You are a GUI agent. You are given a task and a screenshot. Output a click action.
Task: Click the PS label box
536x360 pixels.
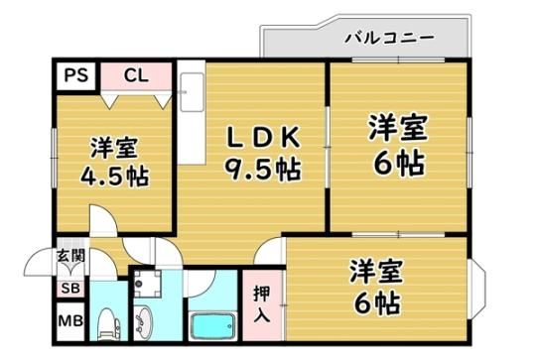pos(75,75)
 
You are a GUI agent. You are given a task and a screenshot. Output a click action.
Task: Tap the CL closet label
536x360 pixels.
pos(136,75)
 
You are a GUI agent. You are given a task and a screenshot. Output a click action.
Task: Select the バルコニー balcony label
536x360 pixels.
pos(389,37)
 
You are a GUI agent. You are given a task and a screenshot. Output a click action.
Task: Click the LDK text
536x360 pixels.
pos(264,137)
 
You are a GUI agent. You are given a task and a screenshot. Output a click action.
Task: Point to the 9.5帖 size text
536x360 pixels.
pos(262,169)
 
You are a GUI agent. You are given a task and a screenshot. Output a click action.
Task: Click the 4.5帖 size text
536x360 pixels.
pos(114,177)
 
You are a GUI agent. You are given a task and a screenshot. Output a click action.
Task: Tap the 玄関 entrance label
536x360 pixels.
pos(70,255)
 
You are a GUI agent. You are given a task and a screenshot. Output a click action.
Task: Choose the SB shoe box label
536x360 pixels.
pos(70,289)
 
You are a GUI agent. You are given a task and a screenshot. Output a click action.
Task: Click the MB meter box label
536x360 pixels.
pos(70,321)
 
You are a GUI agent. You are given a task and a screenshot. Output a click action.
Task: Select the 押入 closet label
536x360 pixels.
pos(262,304)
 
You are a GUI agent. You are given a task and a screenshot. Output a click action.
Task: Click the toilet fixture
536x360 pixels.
pos(109,324)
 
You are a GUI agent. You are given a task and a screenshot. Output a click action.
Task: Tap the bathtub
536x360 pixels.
pos(212,326)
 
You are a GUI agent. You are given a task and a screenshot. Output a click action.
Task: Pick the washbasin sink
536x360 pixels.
pos(143,322)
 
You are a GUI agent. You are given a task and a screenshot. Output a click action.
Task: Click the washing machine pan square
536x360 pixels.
pos(148,284)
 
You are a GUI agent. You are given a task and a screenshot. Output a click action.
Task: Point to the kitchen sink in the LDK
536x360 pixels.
pos(192,92)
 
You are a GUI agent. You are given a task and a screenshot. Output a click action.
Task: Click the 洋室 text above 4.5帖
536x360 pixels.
pos(114,148)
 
